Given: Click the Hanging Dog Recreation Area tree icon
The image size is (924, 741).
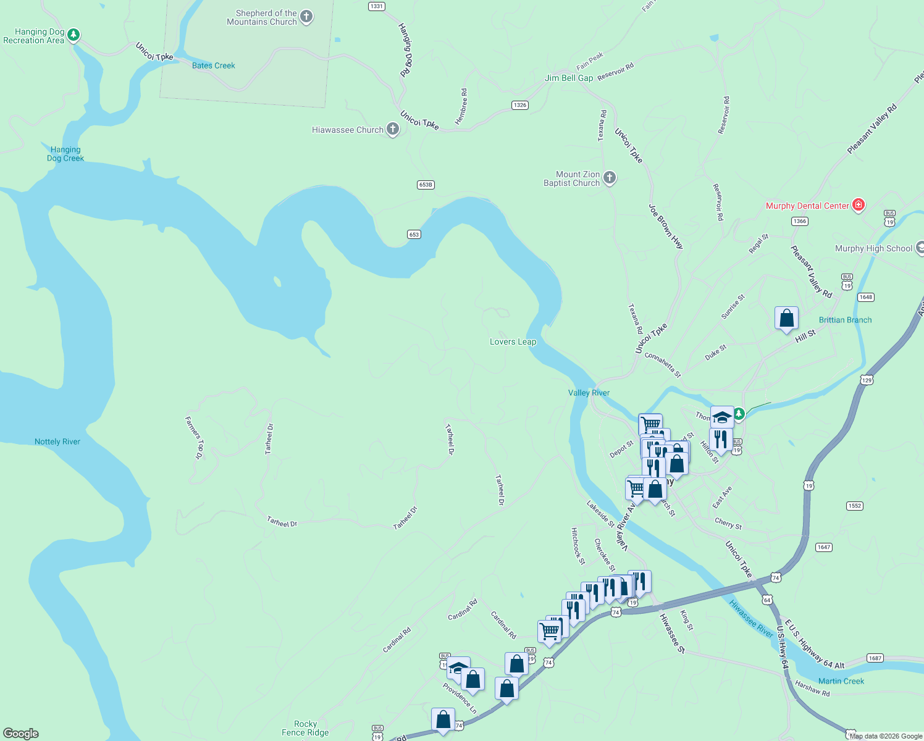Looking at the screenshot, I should coord(73,35).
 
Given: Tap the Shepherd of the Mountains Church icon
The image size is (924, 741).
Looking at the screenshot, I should coord(306,17).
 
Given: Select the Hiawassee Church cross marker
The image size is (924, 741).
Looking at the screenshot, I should coord(393,129).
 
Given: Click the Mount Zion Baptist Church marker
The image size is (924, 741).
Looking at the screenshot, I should coord(610,178).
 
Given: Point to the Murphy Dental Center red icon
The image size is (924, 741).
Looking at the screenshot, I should coord(858,205).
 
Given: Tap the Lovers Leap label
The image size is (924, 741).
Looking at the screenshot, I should coord(513,341).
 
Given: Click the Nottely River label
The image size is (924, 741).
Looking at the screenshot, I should coord(57,442).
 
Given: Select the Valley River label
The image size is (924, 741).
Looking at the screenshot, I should coord(589,393).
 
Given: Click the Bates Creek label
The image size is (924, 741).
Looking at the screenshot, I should coord(213,65).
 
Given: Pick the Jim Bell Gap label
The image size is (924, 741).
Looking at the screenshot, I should coord(568,78).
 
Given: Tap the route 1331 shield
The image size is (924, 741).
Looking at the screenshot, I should coord(376,6).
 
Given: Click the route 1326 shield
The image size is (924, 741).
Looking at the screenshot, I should coord(520,105).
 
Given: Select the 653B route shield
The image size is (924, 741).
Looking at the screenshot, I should coord(426,185).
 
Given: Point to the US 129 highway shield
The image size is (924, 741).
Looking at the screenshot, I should coord(867,380).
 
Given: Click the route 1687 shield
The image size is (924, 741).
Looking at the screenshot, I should coord(875,658).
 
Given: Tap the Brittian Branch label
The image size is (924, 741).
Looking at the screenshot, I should coord(845,320).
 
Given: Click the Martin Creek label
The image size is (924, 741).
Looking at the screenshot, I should coord(841,681).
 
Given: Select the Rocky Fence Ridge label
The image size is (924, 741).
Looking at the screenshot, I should coord(305,728).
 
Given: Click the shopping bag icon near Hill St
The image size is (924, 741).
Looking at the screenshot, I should coord(786,319).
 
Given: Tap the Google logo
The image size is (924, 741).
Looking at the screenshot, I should coord(21,734).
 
